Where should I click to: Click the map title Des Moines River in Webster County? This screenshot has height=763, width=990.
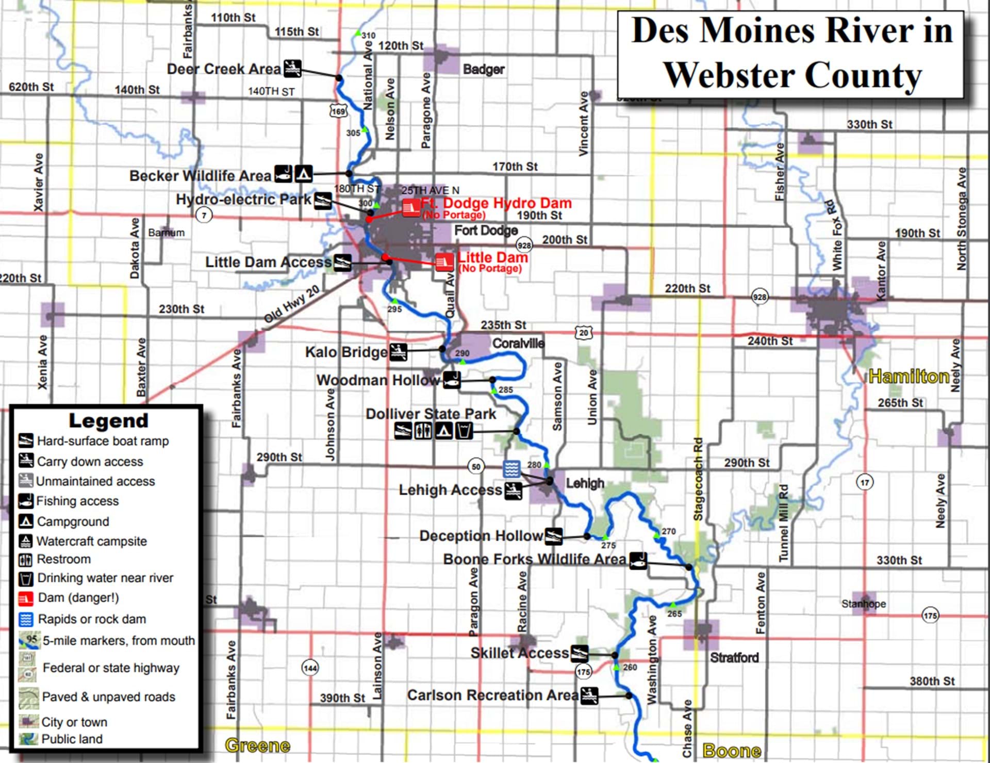pos(791,53)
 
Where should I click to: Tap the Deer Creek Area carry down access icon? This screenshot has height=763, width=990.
pos(292,68)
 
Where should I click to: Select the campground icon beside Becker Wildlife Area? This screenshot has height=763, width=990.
pos(303,173)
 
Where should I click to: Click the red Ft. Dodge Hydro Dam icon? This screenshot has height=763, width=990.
pos(411,208)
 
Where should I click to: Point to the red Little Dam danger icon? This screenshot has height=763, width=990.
pos(444,262)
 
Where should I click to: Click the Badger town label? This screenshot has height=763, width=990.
pos(483,69)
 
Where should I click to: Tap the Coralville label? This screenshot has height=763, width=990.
pos(518,343)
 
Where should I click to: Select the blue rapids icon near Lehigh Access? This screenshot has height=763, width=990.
pos(511,469)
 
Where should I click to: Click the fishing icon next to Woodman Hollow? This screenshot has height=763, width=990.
pos(452,380)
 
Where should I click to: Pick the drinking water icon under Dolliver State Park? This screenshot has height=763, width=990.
pos(464,430)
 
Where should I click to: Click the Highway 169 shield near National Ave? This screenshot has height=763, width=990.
pos(338,111)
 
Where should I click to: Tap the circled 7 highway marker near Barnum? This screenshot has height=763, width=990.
pos(204,215)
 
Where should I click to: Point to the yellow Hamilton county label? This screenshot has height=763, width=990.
pos(909,377)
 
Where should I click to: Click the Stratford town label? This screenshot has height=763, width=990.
pos(734,658)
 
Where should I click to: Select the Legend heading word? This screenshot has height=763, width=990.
pos(108,420)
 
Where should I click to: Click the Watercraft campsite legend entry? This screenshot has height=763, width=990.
pos(91,541)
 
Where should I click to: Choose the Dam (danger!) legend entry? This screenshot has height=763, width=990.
pos(77,598)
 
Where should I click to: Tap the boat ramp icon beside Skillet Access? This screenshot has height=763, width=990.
pos(579,654)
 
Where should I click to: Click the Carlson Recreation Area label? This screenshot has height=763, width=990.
pos(492,695)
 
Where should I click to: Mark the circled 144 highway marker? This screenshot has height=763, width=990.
pos(310,669)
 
